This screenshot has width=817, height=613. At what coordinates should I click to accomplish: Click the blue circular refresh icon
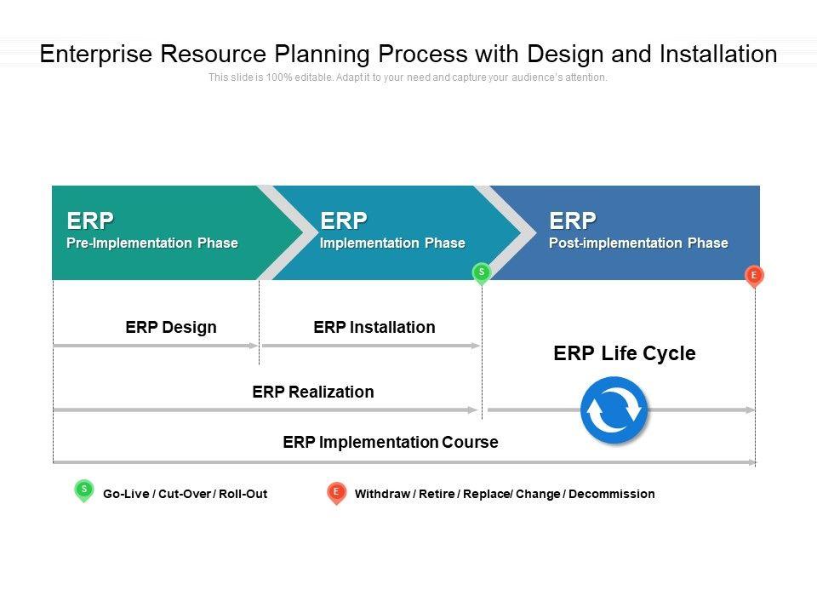614,410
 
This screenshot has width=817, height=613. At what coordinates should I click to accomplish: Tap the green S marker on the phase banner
482,272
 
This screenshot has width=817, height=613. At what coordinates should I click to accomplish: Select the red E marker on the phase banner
754,275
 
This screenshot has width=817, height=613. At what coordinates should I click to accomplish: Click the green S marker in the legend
83,490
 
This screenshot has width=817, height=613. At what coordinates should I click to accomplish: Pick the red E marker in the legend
336,492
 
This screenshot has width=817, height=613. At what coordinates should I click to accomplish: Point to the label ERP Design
171,327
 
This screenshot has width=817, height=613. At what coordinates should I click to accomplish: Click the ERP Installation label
374,327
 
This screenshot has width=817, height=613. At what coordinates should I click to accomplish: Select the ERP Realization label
313,392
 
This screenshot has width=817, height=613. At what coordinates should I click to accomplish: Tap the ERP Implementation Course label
391,442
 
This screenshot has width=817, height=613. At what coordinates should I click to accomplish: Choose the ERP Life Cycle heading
625,353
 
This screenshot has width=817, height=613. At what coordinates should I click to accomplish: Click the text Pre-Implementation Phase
152,243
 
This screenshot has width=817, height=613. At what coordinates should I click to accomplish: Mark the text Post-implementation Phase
638,243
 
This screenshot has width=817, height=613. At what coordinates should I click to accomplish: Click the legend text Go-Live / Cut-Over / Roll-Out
185,494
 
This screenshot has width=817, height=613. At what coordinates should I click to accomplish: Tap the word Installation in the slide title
718,54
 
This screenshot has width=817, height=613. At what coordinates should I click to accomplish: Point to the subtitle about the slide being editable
408,77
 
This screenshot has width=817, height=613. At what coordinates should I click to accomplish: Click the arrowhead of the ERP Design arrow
254,346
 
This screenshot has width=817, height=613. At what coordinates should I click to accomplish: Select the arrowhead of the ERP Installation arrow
477,346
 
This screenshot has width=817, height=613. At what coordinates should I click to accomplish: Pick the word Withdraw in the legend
382,494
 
